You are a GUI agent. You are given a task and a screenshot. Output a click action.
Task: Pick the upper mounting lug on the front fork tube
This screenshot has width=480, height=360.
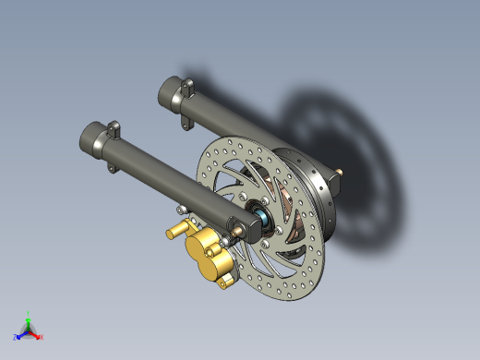[x=114, y=126]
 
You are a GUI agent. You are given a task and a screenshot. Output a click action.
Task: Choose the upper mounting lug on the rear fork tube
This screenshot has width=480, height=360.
[x=188, y=86]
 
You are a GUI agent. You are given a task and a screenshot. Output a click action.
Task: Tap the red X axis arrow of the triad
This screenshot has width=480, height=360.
[x=40, y=336]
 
